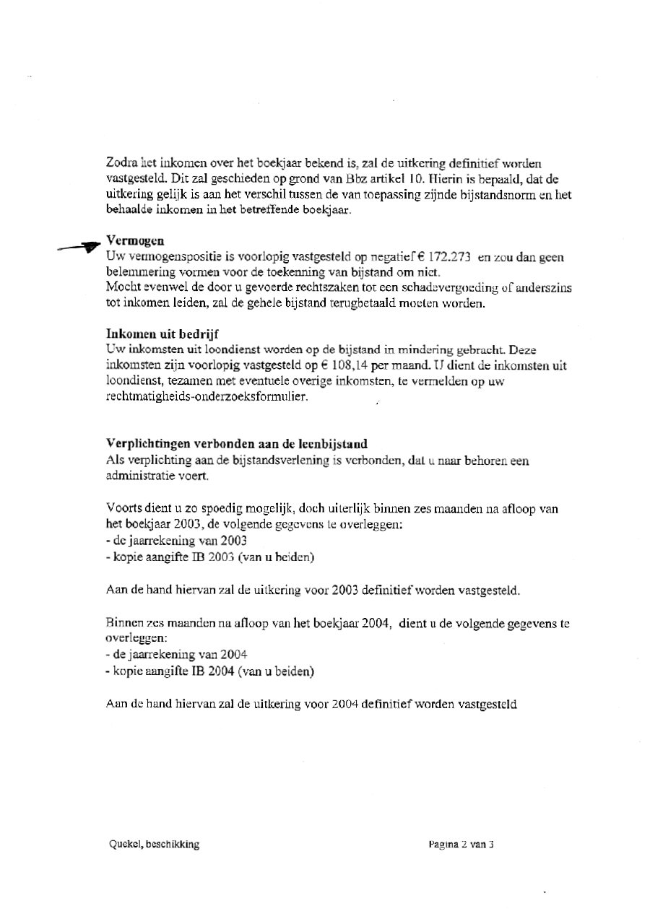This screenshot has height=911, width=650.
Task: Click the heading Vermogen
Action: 135,241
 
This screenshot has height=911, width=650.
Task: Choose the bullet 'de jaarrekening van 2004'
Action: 176,654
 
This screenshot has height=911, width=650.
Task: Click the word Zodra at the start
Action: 121,163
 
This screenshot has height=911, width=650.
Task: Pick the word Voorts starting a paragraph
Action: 121,509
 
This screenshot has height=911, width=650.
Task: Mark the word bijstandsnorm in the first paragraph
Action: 510,193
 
